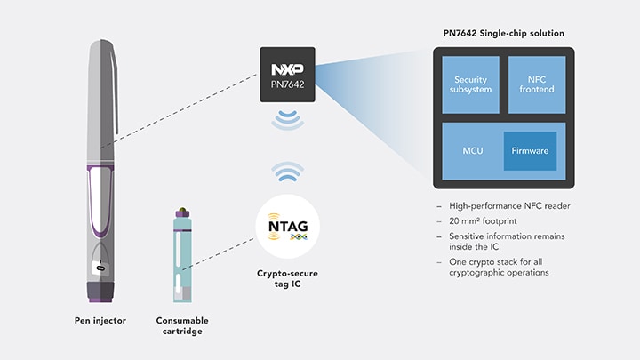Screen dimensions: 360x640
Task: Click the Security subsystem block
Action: (470, 86)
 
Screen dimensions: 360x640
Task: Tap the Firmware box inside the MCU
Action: (530, 151)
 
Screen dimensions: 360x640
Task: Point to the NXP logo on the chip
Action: (288, 68)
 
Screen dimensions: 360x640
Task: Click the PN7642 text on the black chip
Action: (288, 85)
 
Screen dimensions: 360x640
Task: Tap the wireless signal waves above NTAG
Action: (287, 172)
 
